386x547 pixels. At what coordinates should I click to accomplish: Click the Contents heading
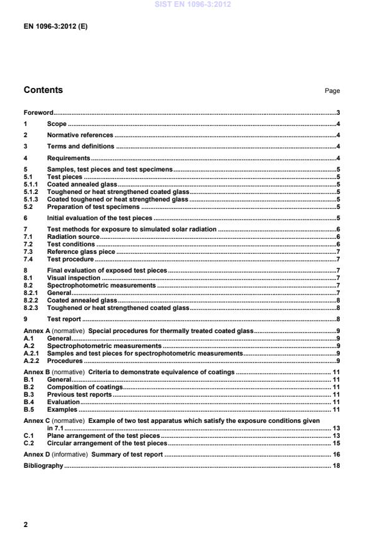[x=43, y=90]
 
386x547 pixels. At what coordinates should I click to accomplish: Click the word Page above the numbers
[x=332, y=91]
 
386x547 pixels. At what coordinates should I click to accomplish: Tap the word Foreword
[x=38, y=113]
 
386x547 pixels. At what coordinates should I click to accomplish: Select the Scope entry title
[x=57, y=124]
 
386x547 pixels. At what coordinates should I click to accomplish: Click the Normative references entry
[x=80, y=135]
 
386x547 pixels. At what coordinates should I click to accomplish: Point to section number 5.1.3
[x=31, y=200]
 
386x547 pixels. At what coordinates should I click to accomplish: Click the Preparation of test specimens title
[x=94, y=206]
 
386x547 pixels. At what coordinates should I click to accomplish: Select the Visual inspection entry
[x=74, y=278]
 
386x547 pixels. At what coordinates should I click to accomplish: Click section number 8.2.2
[x=31, y=300]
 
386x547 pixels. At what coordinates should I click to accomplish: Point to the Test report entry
[x=64, y=318]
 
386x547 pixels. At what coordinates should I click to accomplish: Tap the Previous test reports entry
[x=80, y=395]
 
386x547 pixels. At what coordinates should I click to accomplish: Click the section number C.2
[x=28, y=443]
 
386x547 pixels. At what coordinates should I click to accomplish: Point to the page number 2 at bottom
[x=26, y=525]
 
